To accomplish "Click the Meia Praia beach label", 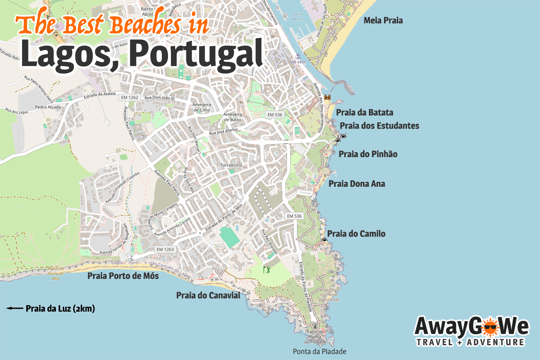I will pos(383,21).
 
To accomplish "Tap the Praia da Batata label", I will pos(364,112).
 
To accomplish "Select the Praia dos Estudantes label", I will pos(379,126).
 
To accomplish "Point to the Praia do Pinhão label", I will pos(368,154).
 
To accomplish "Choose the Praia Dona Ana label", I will pos(357,184).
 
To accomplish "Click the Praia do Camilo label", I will pos(356,234).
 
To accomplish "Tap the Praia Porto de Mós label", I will pos(123,276).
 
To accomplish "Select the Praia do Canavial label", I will pos(208,295).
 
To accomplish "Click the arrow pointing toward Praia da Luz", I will pos(15,308).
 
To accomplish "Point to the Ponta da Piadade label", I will pos(319,351).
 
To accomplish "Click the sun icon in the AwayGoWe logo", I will pos(489,327).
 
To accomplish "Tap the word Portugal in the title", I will pos(196,54).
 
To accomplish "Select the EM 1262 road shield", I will pos(130,97).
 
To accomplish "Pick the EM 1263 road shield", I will pos(165,249).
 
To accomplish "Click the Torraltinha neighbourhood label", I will pos(231,165).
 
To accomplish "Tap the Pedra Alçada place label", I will pos(48,107).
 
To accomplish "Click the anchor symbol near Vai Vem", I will pos(298,56).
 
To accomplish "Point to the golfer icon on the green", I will pos(266,269).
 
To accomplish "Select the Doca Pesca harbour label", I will pos(297,16).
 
